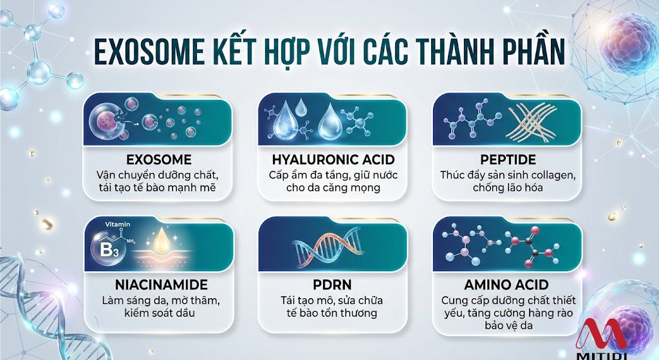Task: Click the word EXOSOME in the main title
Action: point(149,52)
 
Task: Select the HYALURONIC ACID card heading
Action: point(333,160)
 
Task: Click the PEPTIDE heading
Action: point(508,160)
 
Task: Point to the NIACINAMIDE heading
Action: point(162,285)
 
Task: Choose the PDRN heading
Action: point(332,285)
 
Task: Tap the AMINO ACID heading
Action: point(506,285)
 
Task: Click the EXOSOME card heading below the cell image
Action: point(159,160)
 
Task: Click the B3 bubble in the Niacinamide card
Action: point(108,249)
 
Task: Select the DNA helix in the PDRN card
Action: point(328,247)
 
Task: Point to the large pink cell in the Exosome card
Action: point(105,122)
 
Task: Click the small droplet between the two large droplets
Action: point(301,107)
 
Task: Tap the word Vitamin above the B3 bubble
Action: point(118,225)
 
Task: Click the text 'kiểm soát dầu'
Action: point(160,313)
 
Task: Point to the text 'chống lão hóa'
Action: point(508,187)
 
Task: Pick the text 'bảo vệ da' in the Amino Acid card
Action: point(508,325)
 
